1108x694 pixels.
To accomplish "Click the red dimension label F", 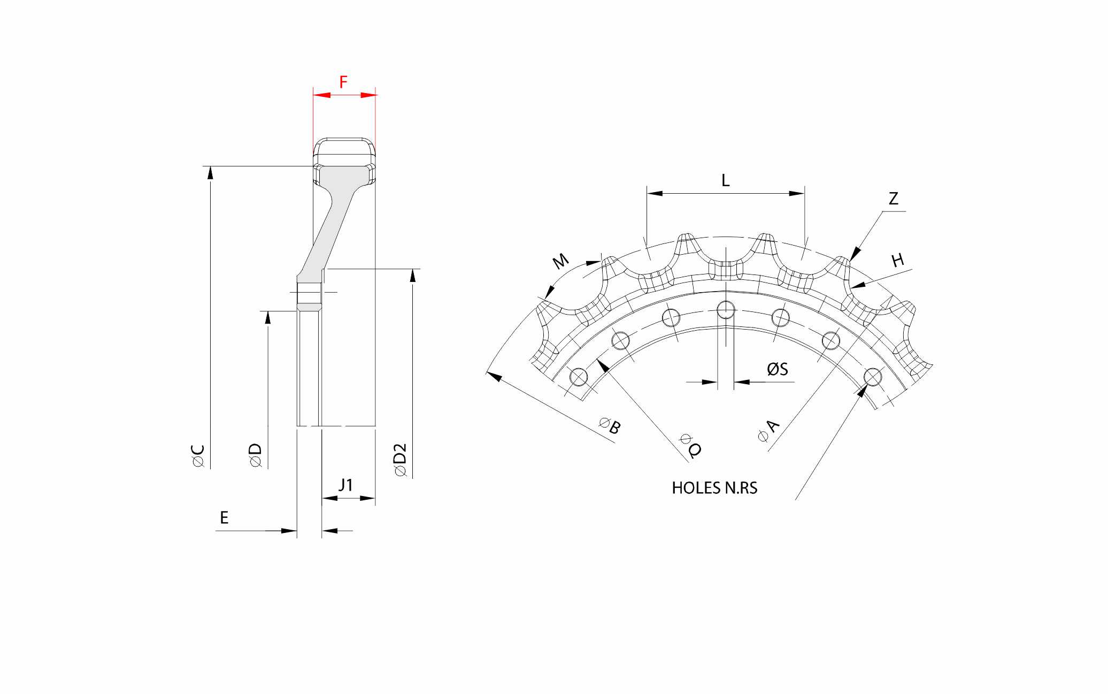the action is (343, 82).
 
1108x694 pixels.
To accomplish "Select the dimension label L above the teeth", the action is (725, 180).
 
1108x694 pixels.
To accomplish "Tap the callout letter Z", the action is (893, 199).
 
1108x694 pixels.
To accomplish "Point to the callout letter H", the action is (898, 261).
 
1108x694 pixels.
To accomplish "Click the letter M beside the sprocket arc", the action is (560, 261).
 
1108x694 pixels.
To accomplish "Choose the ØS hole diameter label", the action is (778, 369).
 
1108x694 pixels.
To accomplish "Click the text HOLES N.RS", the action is (714, 488).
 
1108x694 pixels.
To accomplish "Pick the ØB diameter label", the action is (610, 426).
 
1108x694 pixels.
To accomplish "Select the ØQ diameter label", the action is (690, 445).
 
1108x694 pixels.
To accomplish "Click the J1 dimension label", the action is (346, 485).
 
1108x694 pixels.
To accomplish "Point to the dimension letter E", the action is (224, 517).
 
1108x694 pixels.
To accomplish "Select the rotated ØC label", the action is (198, 456).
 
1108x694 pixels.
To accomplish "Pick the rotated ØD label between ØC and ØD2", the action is (256, 456).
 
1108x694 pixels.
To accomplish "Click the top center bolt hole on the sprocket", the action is (725, 309).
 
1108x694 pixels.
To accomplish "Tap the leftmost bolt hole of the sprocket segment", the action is (578, 377).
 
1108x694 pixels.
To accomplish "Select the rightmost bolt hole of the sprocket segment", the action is (873, 377).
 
